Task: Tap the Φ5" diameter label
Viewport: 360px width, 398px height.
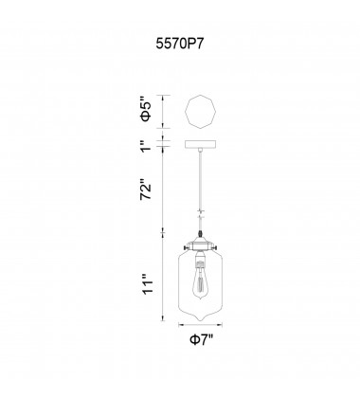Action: coord(145,112)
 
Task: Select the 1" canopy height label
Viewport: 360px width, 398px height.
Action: coord(145,147)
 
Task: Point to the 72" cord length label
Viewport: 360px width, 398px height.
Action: coord(145,194)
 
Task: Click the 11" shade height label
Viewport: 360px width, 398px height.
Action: coord(145,283)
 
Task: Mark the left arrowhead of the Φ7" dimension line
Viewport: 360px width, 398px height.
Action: coord(174,344)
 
